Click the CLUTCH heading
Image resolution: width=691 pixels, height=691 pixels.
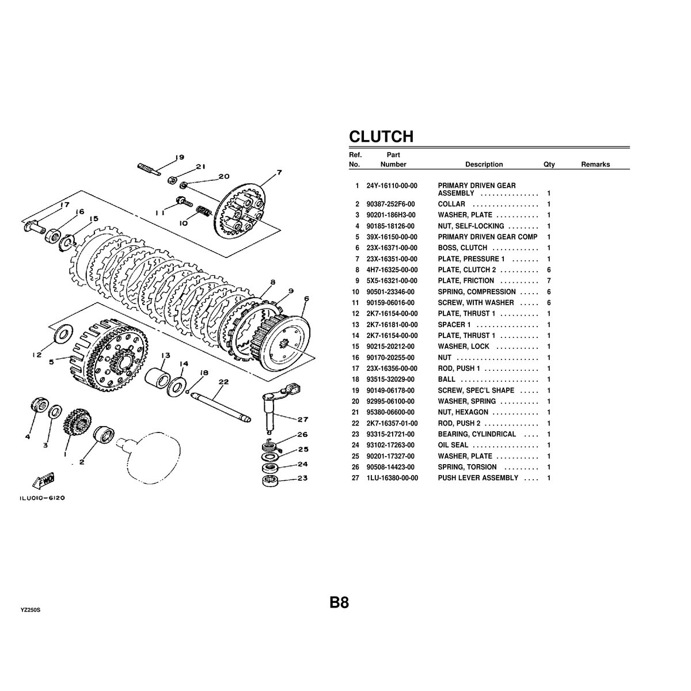click(x=381, y=136)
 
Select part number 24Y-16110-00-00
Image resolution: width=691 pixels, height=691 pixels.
click(x=392, y=186)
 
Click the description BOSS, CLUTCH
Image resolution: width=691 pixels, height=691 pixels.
click(x=462, y=248)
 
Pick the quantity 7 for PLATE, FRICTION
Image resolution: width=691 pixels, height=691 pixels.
click(x=549, y=281)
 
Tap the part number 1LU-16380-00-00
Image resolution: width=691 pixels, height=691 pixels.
click(x=392, y=478)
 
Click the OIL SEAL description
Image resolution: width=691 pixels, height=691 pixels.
click(x=453, y=445)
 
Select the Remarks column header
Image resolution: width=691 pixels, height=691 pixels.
click(x=595, y=165)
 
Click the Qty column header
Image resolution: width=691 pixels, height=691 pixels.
click(x=549, y=165)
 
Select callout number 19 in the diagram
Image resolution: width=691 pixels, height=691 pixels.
click(x=179, y=157)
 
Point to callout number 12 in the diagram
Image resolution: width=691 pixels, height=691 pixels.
click(x=37, y=355)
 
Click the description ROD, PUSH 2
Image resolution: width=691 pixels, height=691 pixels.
click(x=459, y=423)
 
